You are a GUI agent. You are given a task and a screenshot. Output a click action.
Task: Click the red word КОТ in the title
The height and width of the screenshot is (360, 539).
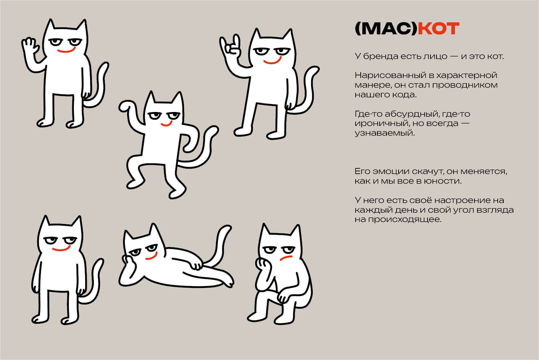(438, 29)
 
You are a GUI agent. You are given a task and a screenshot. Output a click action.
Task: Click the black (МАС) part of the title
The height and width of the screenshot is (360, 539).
(386, 29)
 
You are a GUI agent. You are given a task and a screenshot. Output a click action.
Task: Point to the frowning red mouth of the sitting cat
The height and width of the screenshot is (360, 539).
(286, 259)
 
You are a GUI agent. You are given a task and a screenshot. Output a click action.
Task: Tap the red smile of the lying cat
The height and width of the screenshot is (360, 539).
(152, 257)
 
